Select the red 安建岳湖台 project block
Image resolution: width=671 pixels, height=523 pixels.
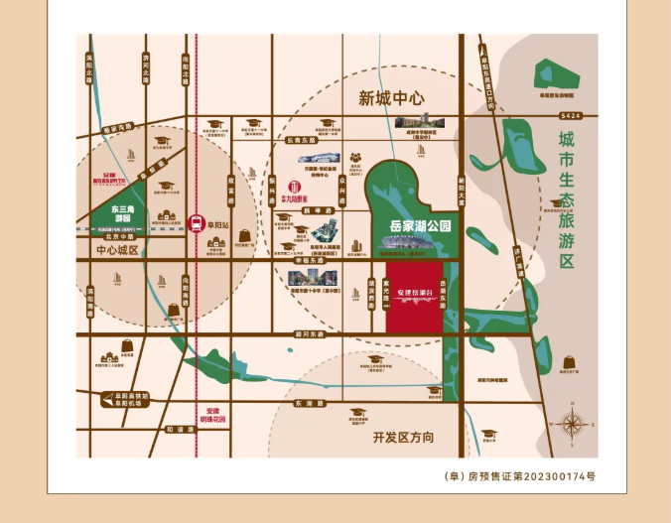click(x=414, y=296)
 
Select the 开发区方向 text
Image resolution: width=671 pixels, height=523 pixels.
click(x=404, y=438)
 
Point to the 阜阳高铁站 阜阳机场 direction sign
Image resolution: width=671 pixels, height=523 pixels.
click(x=129, y=401)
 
